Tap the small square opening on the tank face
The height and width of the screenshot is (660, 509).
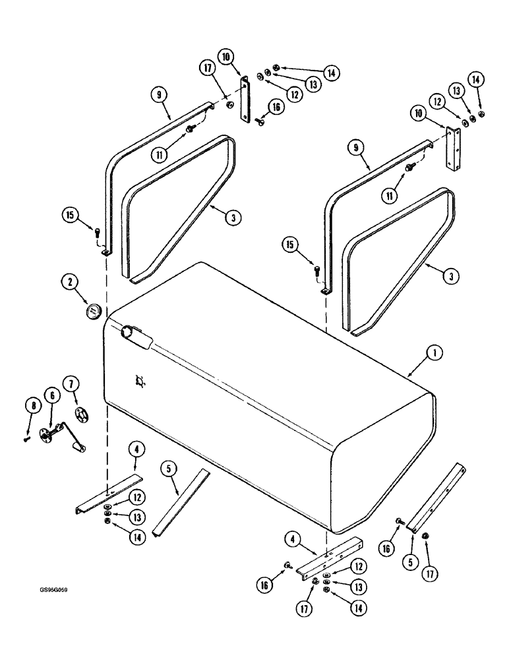(140, 381)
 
